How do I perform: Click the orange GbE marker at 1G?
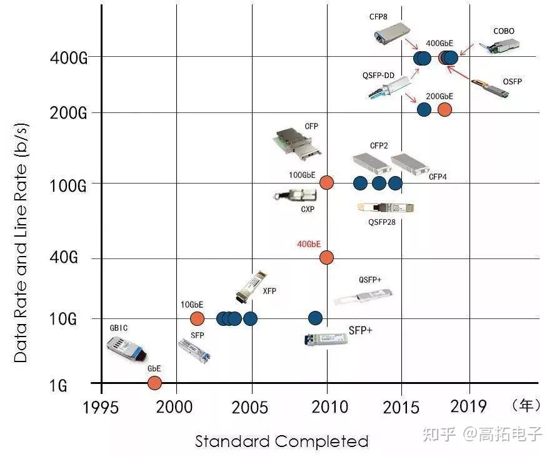[x=154, y=383]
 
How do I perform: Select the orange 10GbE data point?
[x=197, y=318]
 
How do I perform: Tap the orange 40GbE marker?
[x=326, y=257]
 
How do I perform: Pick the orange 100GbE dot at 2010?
[x=326, y=183]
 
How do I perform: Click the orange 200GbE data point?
[x=444, y=110]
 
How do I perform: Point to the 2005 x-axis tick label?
[x=249, y=407]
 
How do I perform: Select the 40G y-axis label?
[x=64, y=257]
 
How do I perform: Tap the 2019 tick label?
[x=468, y=406]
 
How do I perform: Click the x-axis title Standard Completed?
[x=282, y=441]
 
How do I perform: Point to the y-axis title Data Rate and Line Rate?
[x=21, y=242]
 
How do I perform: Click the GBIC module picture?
[x=126, y=349]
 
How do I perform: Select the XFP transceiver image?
[x=251, y=287]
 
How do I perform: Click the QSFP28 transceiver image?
[x=386, y=207]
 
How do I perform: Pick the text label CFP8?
[x=378, y=17]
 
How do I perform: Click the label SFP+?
[x=361, y=331]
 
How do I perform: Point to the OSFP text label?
[x=512, y=82]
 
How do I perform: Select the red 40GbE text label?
[x=309, y=244]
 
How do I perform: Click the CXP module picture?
[x=295, y=195]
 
